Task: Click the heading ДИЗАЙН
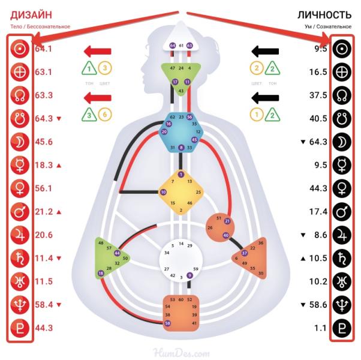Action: [31, 14]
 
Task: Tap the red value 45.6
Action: [44, 142]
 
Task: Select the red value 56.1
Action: [44, 188]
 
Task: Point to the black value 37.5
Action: [317, 95]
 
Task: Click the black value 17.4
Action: [317, 212]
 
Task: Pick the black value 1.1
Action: [320, 328]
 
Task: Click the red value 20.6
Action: [44, 235]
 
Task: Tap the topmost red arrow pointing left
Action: [97, 51]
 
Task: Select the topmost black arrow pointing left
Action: [264, 51]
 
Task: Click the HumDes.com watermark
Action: [180, 351]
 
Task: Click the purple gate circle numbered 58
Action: [167, 323]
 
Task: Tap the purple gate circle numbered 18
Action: [101, 274]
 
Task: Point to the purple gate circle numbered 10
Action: [163, 192]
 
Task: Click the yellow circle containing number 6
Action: [104, 115]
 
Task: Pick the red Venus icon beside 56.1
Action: [19, 188]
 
